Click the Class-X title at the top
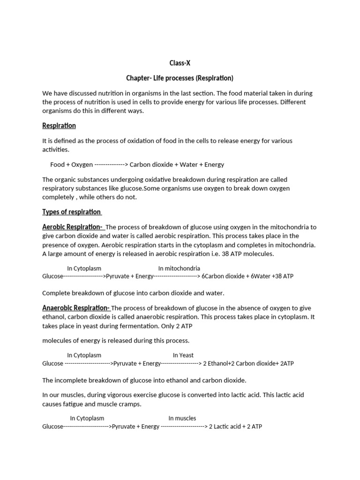click(180, 63)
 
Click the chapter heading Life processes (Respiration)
click(180, 78)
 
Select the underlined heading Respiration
click(59, 126)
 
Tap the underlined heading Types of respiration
click(72, 212)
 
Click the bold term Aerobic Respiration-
click(73, 227)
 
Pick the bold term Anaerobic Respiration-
click(76, 308)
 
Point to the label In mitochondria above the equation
click(179, 269)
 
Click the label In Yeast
click(183, 355)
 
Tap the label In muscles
click(182, 418)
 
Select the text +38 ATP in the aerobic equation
click(283, 277)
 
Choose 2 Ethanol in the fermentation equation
click(216, 363)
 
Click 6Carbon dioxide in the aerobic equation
click(223, 277)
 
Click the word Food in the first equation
click(57, 165)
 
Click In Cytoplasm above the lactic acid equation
click(87, 418)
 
